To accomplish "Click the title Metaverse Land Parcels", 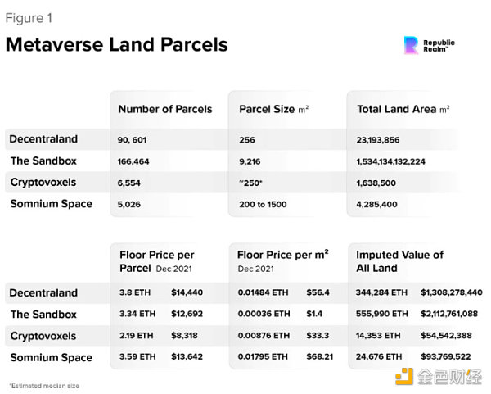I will pos(116,43).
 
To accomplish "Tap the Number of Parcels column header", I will pos(164,109).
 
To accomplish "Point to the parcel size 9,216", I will pos(250,161).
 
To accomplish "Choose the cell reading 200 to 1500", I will pos(263,203).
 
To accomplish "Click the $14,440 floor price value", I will pos(187,292).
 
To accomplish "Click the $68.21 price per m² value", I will pos(321,357).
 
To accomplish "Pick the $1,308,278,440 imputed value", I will pos(452,292).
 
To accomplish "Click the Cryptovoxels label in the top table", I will pos(43,182).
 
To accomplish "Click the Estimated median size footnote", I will pos(44,385).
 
